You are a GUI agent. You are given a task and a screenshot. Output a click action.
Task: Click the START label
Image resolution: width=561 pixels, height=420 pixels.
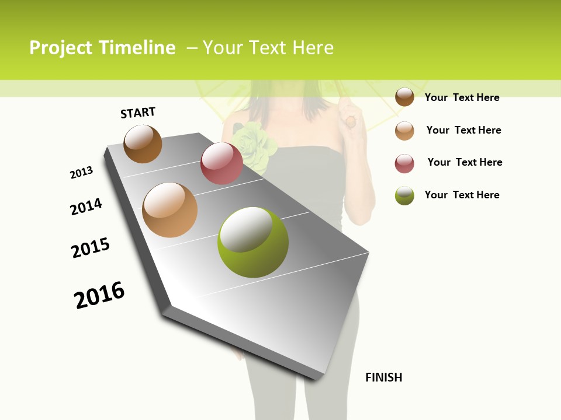tap(138, 113)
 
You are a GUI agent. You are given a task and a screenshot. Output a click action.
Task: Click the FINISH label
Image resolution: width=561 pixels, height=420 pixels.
tap(384, 377)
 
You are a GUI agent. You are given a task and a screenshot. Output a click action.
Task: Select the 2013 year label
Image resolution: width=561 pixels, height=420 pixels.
tap(81, 173)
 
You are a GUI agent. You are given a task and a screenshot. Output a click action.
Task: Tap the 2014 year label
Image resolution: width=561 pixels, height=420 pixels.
tap(86, 206)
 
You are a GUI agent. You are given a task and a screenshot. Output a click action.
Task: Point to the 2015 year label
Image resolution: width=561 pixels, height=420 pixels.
tap(91, 248)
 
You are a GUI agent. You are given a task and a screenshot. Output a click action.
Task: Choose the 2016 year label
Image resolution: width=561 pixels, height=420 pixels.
tap(99, 295)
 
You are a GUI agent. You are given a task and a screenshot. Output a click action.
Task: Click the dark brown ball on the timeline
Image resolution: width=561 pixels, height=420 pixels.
tap(143, 144)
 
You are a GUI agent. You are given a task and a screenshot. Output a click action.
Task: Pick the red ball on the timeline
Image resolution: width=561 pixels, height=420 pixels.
tap(221, 163)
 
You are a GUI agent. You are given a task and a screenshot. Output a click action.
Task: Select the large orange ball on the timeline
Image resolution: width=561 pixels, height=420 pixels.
tap(170, 210)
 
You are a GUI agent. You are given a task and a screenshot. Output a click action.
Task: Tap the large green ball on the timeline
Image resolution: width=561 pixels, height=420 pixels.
tap(253, 242)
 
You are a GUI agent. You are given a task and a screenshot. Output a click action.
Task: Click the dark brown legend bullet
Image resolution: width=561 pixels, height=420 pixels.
tap(404, 97)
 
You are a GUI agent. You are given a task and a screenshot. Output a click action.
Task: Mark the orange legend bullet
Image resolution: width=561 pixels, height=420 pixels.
tap(404, 130)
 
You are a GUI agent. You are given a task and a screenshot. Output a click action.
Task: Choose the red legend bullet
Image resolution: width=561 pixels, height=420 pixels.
tap(404, 163)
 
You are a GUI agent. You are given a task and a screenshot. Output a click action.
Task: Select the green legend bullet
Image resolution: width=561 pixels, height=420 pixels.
tap(404, 195)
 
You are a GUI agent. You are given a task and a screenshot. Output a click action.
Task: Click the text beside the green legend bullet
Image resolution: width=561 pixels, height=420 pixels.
tap(462, 195)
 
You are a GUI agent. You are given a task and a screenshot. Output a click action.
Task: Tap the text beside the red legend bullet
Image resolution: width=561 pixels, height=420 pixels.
tap(465, 162)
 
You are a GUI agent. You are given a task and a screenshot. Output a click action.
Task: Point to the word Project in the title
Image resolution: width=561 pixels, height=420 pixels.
tap(61, 48)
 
